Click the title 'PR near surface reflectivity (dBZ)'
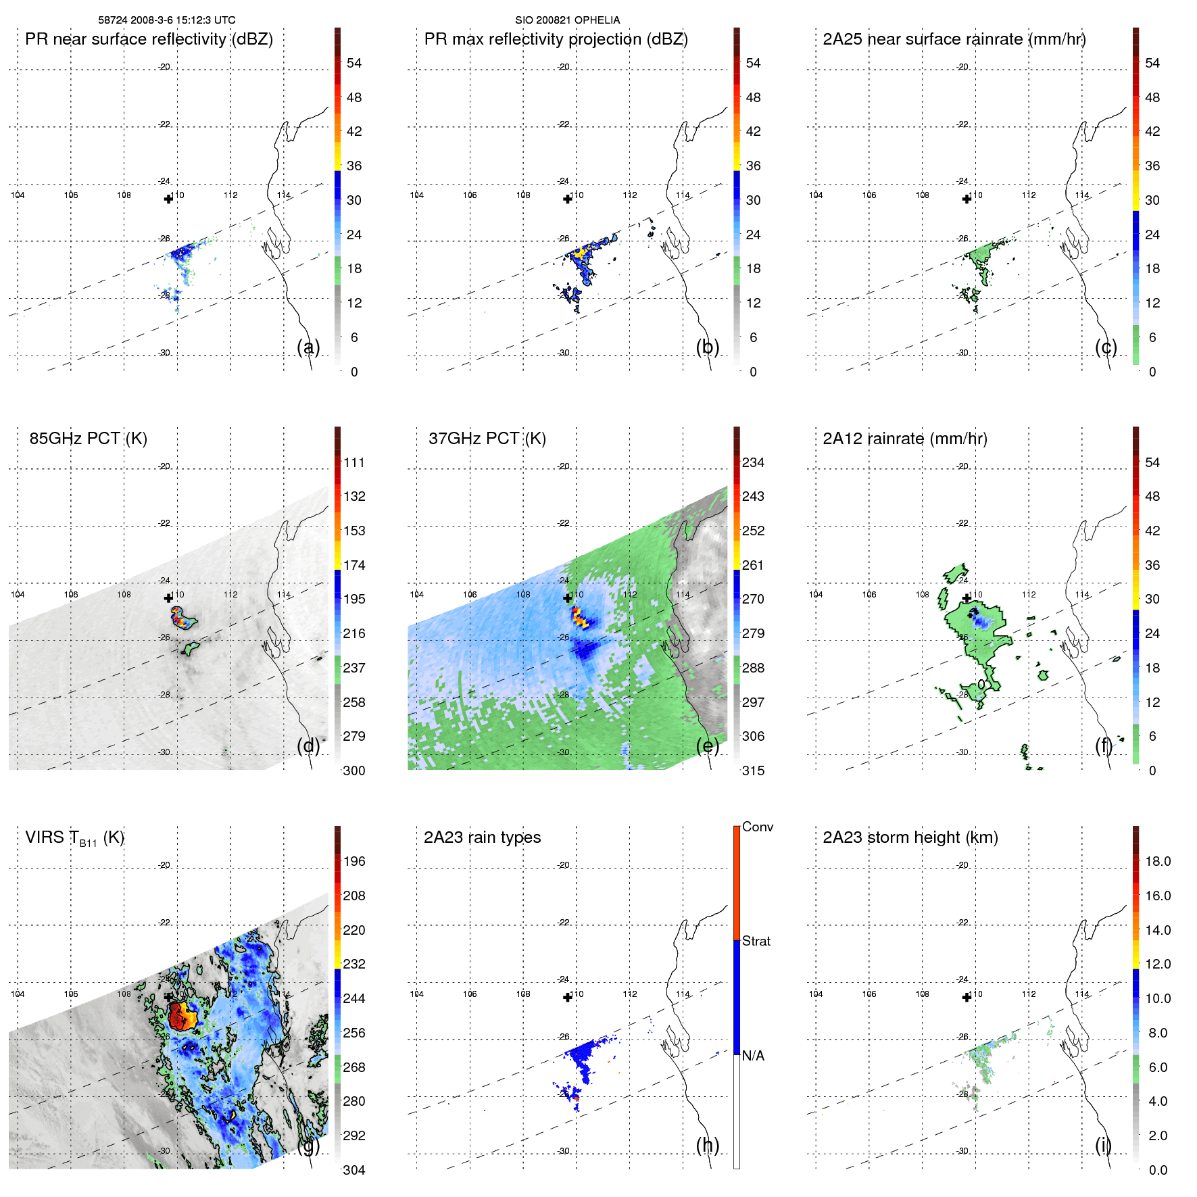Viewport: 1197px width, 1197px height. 149,39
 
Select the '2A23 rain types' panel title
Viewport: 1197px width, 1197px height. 482,837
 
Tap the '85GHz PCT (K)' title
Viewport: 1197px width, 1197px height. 88,439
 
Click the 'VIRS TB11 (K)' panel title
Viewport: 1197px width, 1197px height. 74,838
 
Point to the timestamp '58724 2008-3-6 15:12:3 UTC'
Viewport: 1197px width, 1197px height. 167,20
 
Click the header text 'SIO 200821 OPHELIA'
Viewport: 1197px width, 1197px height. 567,20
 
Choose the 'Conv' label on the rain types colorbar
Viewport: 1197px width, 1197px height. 757,827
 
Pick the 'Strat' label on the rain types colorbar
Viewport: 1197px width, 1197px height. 756,942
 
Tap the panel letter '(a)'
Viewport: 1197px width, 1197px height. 308,347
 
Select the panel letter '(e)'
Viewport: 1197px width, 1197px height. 708,746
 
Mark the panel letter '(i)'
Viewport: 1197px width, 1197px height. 1103,1145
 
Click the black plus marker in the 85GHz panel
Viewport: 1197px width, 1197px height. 168,598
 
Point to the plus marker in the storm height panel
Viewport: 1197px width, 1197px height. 967,997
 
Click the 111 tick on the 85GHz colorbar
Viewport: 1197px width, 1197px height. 353,463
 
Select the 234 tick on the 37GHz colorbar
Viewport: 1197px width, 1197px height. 753,463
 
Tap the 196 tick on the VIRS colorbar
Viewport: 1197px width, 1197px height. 353,862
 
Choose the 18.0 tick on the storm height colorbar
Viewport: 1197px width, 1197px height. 1157,862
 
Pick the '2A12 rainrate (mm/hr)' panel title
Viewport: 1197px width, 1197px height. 904,439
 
